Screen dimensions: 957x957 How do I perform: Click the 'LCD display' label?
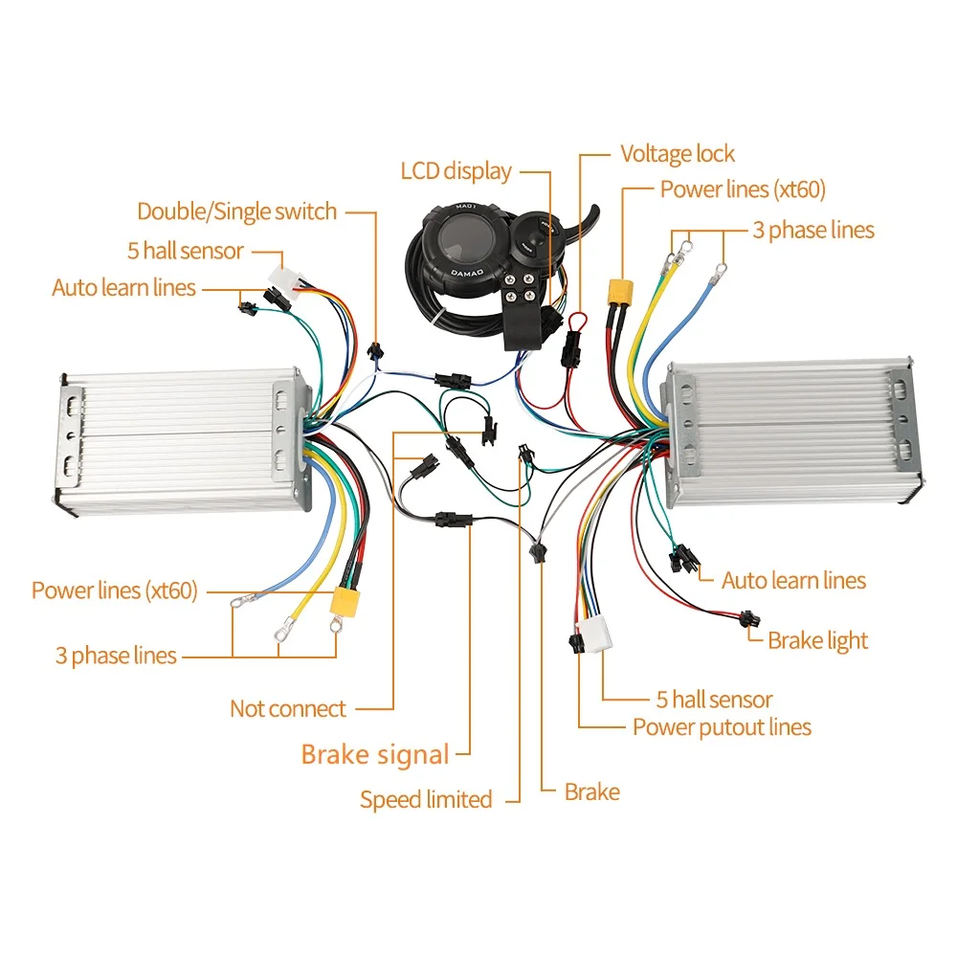pos(456,172)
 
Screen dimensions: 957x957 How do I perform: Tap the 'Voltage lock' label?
pos(678,154)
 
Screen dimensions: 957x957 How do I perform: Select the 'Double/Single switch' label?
pos(236,211)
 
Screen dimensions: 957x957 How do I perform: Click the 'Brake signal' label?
pos(374,754)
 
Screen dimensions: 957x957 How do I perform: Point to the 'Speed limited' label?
pos(426,799)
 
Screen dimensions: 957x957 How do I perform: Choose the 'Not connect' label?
pos(287,709)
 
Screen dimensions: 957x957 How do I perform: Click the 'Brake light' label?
pos(817,640)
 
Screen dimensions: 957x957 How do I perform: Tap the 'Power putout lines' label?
pos(722,727)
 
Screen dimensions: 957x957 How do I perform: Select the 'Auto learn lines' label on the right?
pos(793,581)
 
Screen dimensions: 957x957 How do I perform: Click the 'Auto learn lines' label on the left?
pos(123,288)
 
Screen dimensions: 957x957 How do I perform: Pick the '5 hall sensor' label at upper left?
pos(186,251)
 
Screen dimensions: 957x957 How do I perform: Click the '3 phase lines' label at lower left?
pos(116,657)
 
